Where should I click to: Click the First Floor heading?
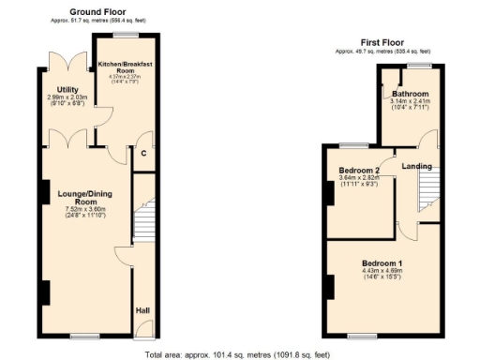382,41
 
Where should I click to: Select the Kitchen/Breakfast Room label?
125,67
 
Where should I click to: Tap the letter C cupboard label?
143,154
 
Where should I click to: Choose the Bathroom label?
411,94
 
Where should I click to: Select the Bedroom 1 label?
383,264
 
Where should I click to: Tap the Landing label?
417,166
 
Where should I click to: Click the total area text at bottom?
239,354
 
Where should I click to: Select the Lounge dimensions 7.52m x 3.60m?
86,210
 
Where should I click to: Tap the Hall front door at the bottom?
142,330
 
